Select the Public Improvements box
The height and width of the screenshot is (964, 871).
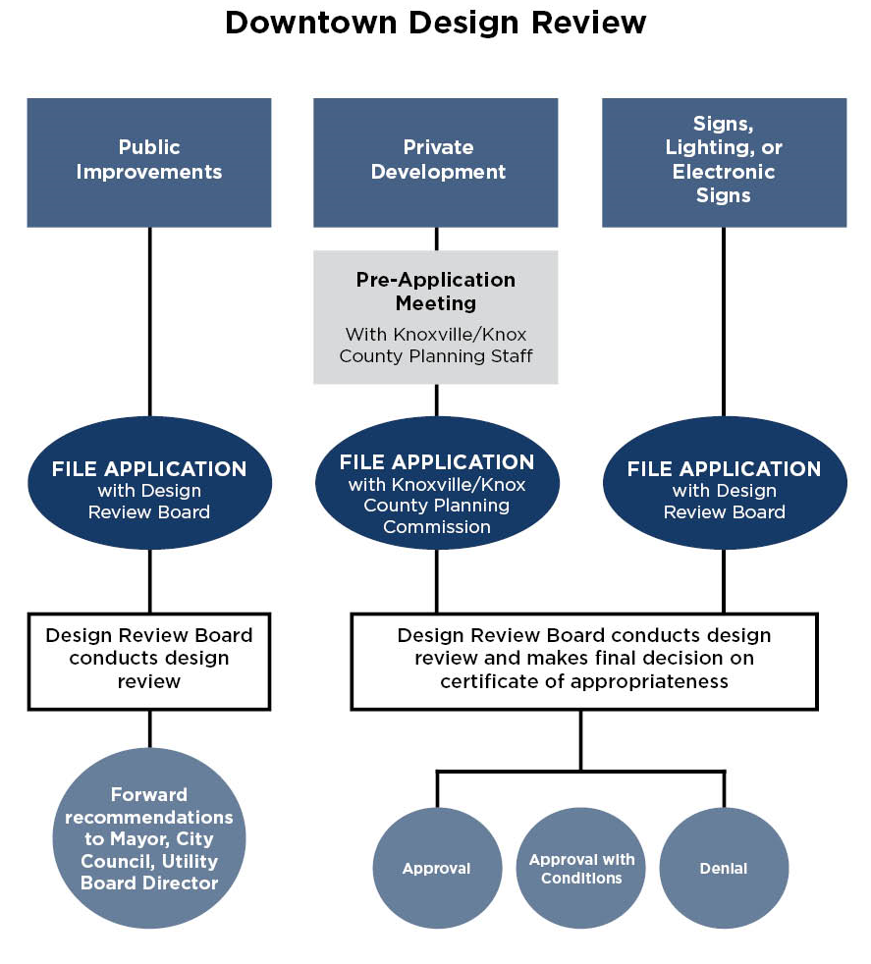click(x=149, y=162)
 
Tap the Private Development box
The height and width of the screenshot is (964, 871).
click(x=436, y=162)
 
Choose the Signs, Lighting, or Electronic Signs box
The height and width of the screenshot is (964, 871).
click(x=724, y=162)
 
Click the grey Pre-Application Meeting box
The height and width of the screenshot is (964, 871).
click(x=436, y=316)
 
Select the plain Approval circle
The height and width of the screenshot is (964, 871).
click(x=436, y=868)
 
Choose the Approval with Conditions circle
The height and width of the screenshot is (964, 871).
click(x=581, y=868)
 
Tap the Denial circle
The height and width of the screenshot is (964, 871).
click(x=724, y=868)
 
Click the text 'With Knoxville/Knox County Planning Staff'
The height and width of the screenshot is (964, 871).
click(x=436, y=346)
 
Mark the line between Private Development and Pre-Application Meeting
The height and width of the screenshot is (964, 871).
click(x=436, y=239)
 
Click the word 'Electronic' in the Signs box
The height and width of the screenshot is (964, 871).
click(x=724, y=172)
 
